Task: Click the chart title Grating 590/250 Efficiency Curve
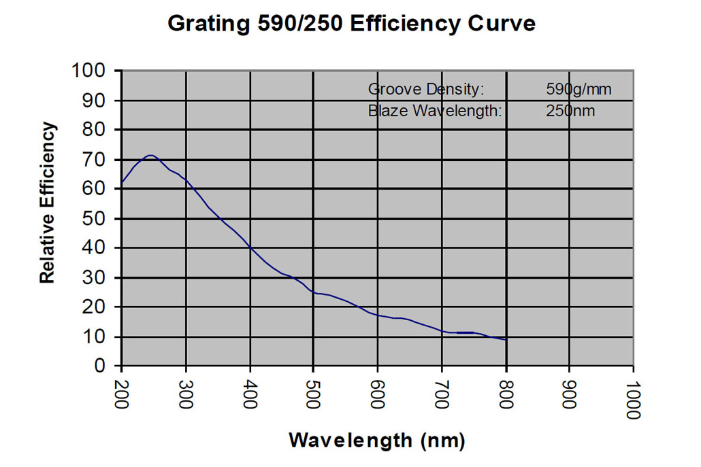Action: tap(351, 24)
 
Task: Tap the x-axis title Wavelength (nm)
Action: tap(377, 440)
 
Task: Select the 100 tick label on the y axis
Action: tap(89, 71)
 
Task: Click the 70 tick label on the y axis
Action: tap(96, 159)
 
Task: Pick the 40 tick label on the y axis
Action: tap(96, 248)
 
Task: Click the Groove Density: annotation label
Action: tap(426, 89)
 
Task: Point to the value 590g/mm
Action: tap(578, 89)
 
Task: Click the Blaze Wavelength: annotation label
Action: tap(435, 110)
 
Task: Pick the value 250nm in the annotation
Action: tap(570, 110)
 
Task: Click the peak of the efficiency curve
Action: tap(150, 155)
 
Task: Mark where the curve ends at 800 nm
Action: tap(506, 339)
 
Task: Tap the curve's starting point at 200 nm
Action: tap(122, 183)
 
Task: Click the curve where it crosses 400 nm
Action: tap(250, 248)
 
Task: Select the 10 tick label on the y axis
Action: tap(96, 336)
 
